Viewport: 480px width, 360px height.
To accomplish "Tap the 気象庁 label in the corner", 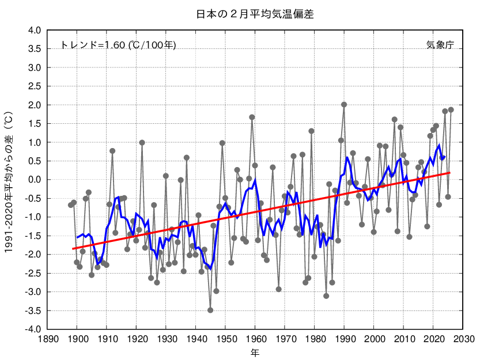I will click(440, 45).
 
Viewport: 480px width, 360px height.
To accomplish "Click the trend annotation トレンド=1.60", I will click(118, 45).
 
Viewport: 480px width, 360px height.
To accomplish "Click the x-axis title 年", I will click(255, 351).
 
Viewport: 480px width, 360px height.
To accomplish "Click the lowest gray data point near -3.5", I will click(210, 310).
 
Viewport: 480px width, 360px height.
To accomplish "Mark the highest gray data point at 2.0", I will click(344, 105).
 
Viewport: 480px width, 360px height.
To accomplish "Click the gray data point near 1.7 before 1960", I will click(252, 117).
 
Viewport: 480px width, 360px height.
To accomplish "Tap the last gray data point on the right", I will click(451, 110).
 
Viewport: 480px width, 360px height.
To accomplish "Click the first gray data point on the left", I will click(71, 205).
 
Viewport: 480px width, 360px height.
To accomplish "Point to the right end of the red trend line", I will click(450, 173).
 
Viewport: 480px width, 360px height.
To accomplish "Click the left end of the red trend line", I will click(73, 249).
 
